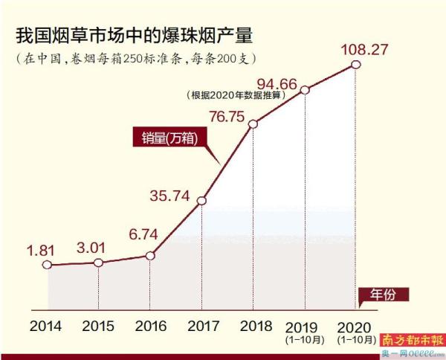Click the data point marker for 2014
coord(48,264)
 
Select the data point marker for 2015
coord(98,263)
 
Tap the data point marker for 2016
coord(150,255)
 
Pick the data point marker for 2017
coord(202,199)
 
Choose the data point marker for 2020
coord(356,65)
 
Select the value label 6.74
coord(145,236)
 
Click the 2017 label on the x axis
coord(202,326)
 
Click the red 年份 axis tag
coord(387,294)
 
